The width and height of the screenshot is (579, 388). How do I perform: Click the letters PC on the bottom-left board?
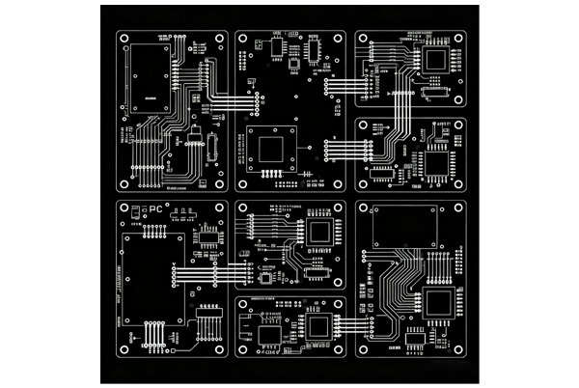tap(156, 209)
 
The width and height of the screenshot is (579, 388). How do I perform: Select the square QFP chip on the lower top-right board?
tap(439, 161)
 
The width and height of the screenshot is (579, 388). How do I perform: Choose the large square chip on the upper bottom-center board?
tap(319, 232)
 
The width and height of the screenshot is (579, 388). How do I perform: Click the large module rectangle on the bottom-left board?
tap(151, 278)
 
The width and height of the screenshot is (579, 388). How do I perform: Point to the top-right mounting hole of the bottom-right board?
tap(457, 208)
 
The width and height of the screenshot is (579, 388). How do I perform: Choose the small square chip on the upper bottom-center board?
tap(266, 279)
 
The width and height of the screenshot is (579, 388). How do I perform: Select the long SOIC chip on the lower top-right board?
tap(383, 173)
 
